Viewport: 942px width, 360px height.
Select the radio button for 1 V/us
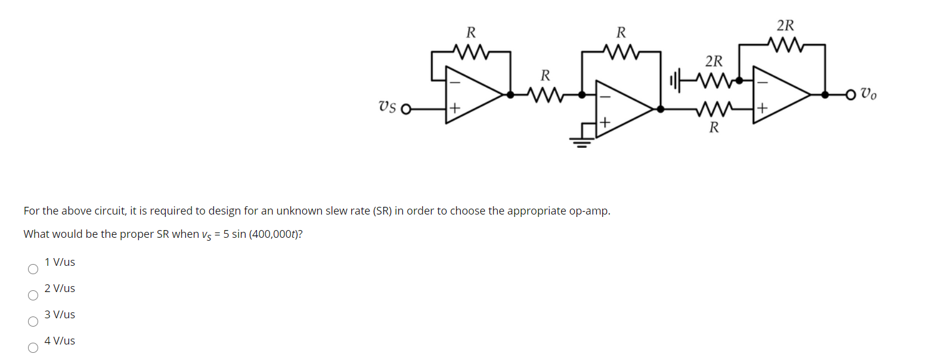tap(33, 269)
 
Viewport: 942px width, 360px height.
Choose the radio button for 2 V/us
tap(33, 296)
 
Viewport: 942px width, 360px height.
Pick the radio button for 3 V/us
tap(33, 322)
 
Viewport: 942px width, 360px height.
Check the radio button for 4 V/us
tap(33, 348)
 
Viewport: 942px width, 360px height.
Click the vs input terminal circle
tap(406, 109)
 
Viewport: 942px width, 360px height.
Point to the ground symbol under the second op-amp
tap(581, 141)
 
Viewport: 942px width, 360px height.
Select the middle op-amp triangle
tap(622, 108)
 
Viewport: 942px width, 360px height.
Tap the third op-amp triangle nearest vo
tap(779, 94)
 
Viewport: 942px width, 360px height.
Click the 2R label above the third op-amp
tap(785, 26)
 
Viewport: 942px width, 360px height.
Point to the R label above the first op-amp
tap(470, 32)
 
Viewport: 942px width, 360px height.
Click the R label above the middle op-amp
tap(621, 32)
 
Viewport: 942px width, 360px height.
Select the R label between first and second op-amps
tap(545, 76)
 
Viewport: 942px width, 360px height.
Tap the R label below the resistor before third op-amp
tap(714, 128)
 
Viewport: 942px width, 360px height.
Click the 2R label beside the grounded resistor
tap(714, 61)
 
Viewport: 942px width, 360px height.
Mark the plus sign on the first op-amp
tap(454, 108)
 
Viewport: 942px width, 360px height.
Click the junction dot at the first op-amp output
tap(510, 94)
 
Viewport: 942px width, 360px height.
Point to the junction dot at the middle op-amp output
tap(661, 108)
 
